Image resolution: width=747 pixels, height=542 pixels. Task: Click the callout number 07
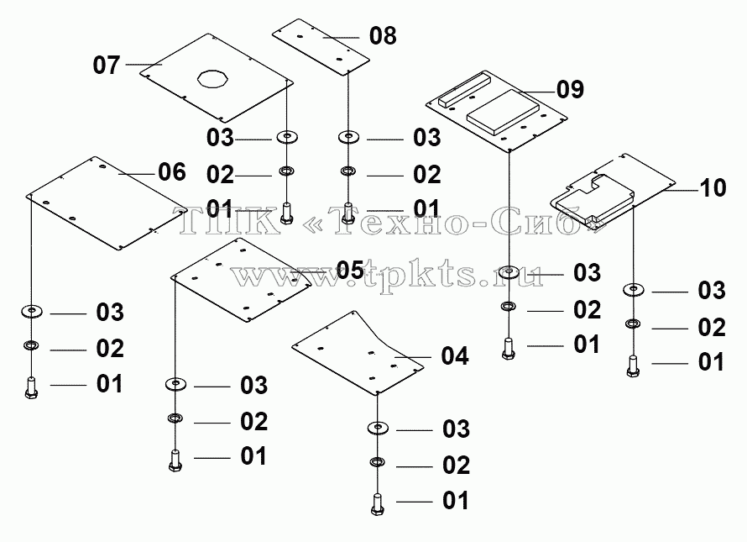click(106, 65)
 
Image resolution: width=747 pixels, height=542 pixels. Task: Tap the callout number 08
click(383, 36)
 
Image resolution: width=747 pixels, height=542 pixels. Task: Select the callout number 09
click(570, 89)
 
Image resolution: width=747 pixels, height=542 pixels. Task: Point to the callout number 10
click(713, 188)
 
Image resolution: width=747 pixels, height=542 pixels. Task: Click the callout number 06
click(171, 171)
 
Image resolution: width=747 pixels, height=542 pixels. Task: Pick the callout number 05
click(350, 271)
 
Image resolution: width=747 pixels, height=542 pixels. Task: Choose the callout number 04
click(454, 356)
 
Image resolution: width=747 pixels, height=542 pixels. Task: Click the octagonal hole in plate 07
click(213, 79)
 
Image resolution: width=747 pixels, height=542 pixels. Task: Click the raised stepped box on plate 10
click(592, 198)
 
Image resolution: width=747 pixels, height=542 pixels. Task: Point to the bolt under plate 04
click(378, 505)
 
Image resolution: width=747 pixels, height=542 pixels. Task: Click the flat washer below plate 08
click(349, 138)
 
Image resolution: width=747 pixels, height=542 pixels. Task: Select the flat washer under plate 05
click(175, 383)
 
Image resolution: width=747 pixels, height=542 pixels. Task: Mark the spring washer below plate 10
click(633, 324)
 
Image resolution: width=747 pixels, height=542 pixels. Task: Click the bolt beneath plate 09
click(509, 348)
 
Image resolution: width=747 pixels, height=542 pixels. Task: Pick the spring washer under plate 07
click(286, 171)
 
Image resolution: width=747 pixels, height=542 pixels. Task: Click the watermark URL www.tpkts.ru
click(387, 275)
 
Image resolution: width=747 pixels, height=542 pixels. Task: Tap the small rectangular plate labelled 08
click(321, 47)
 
